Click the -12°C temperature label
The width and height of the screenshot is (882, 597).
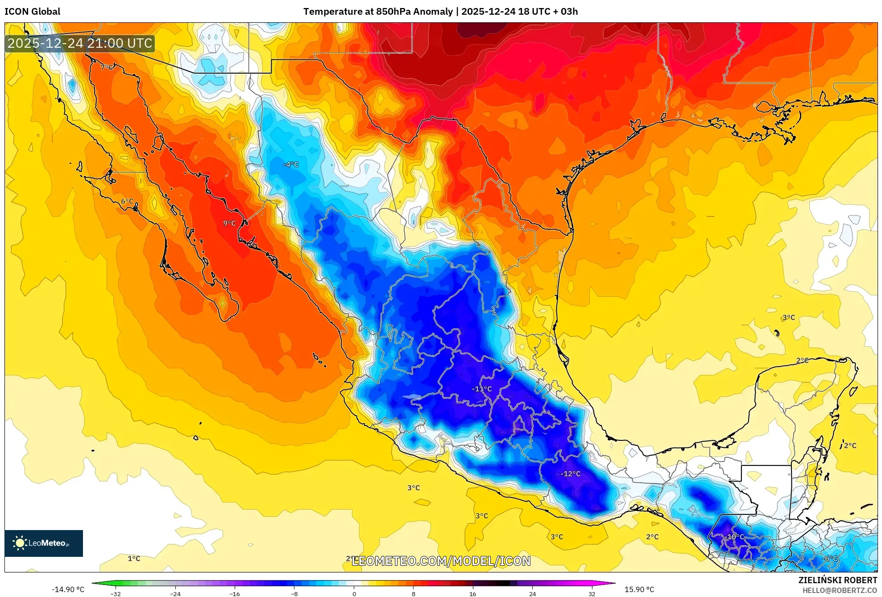[571, 474]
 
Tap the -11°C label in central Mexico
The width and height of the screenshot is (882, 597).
[482, 389]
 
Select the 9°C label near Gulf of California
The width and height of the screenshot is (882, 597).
[229, 223]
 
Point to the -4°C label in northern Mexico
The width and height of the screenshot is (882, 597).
[290, 165]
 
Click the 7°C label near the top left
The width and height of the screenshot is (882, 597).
[107, 67]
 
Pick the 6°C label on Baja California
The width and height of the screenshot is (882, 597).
[127, 201]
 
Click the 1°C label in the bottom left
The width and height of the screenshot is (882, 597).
[134, 559]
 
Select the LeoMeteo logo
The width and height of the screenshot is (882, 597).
[44, 543]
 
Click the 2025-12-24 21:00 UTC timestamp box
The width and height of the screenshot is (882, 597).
[80, 43]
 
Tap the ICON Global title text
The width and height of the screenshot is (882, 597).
[33, 12]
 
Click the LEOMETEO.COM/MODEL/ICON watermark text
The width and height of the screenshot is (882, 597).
[441, 561]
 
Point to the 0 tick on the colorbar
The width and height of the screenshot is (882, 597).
[354, 593]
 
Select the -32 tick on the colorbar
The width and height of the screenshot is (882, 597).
[116, 593]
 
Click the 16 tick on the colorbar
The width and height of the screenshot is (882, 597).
[473, 593]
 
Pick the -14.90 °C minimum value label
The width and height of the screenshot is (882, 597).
[68, 589]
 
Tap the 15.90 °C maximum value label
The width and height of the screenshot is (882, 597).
[639, 589]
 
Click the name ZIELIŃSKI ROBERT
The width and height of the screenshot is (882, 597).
[837, 580]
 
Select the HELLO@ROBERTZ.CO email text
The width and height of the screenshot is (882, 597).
[840, 590]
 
